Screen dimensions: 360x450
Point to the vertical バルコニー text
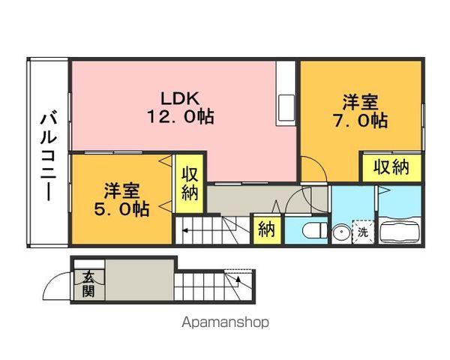49,154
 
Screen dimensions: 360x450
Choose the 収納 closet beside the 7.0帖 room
391,166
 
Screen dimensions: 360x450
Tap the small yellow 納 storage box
265,229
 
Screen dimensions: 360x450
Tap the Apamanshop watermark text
225,322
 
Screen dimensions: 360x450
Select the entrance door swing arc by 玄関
57,285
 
